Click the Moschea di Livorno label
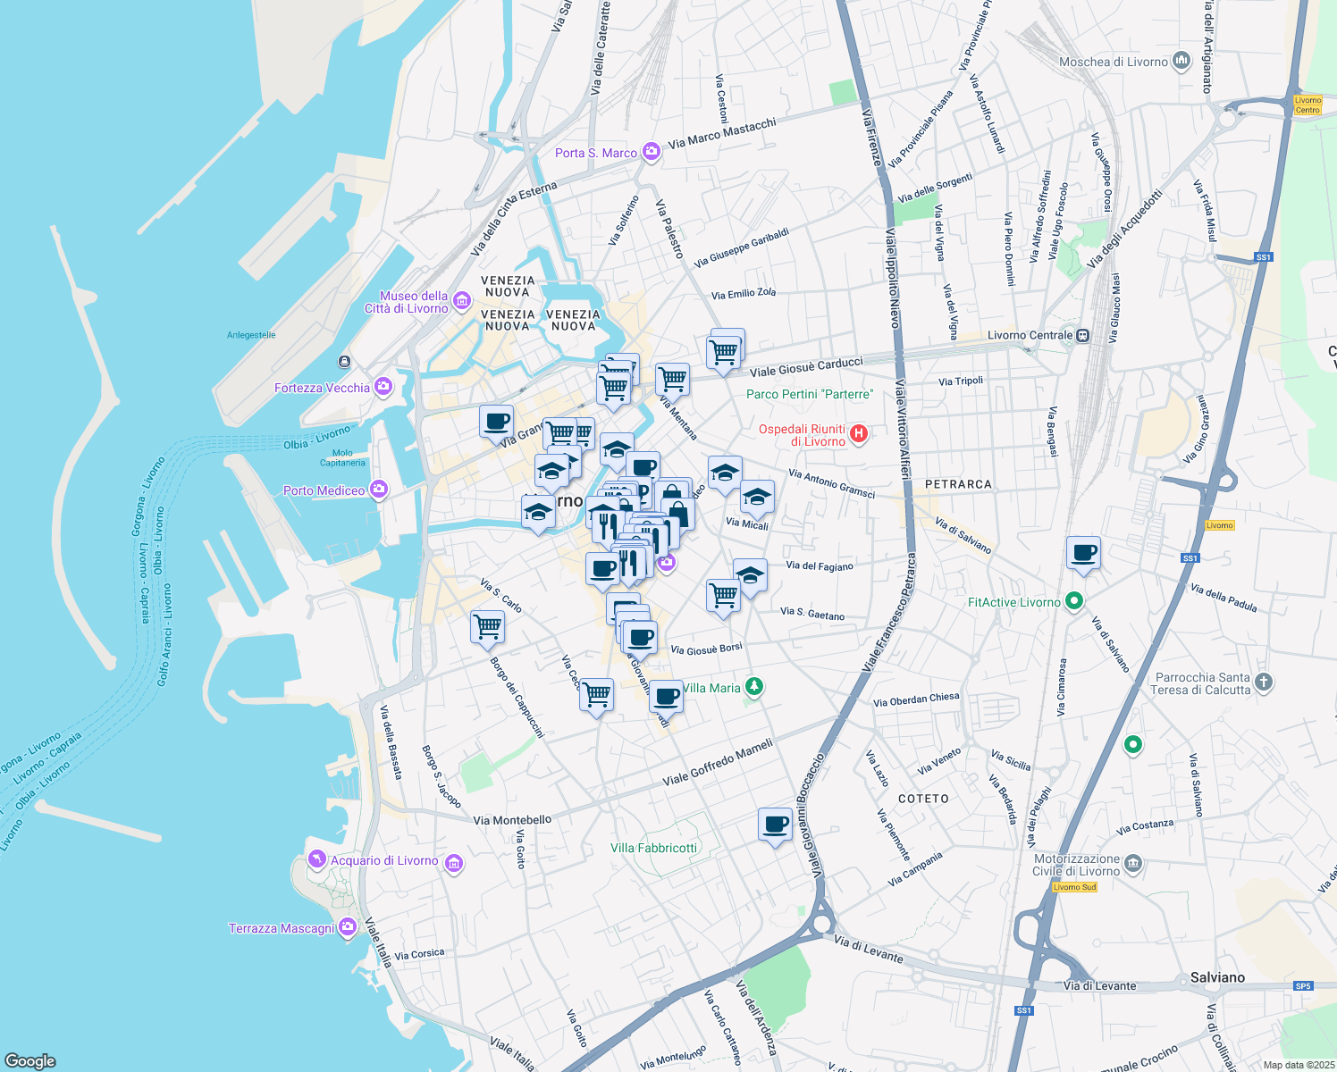pyautogui.click(x=1113, y=62)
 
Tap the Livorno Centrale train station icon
pyautogui.click(x=1082, y=336)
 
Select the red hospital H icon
pyautogui.click(x=859, y=434)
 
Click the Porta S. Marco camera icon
pyautogui.click(x=652, y=152)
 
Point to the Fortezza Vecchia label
pyautogui.click(x=322, y=388)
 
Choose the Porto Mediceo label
pyautogui.click(x=324, y=490)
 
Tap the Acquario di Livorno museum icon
pyautogui.click(x=453, y=862)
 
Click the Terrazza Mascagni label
pyautogui.click(x=282, y=928)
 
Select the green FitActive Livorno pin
pyautogui.click(x=1074, y=602)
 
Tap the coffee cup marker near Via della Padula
pyautogui.click(x=1083, y=554)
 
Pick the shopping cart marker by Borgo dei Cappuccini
pyautogui.click(x=488, y=627)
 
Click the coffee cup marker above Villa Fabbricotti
pyautogui.click(x=776, y=825)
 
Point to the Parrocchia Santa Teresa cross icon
pyautogui.click(x=1263, y=683)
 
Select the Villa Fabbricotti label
pyautogui.click(x=653, y=848)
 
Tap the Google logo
pyautogui.click(x=29, y=1061)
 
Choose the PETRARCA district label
pyautogui.click(x=958, y=484)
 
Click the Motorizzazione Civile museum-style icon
pyautogui.click(x=1133, y=863)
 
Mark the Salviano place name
pyautogui.click(x=1217, y=977)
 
